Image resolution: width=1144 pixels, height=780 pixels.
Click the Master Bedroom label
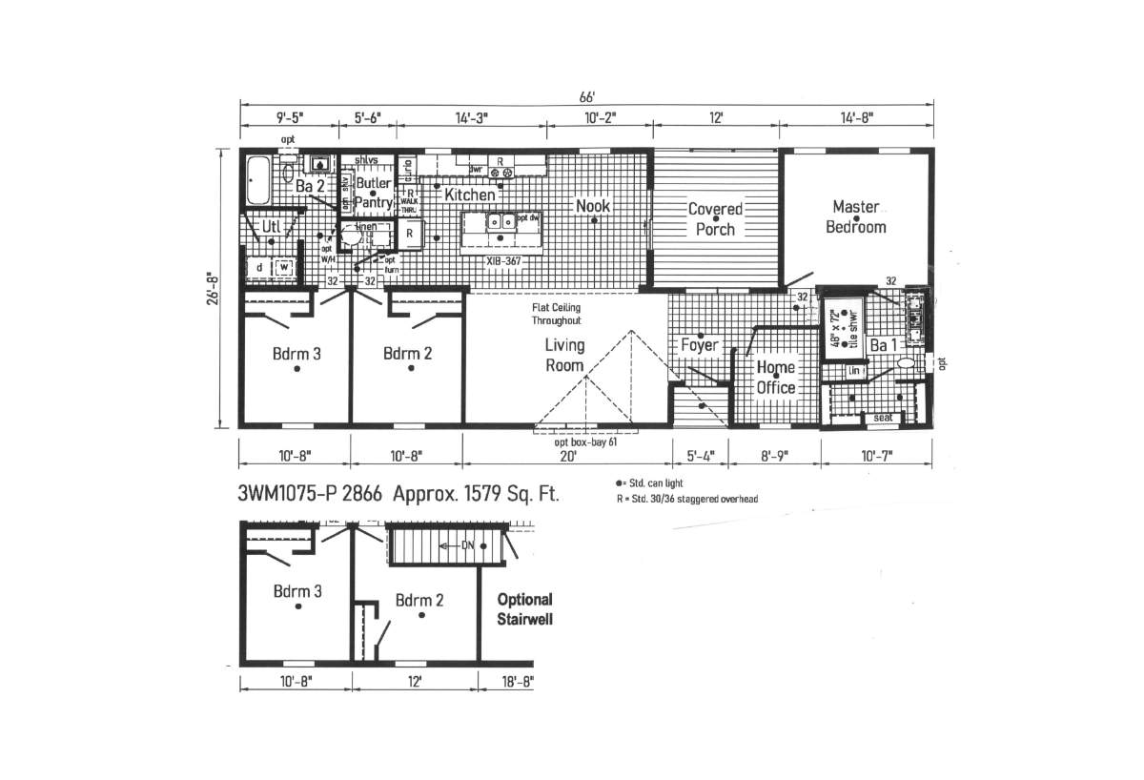coord(855,216)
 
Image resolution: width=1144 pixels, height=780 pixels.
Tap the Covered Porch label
coord(715,218)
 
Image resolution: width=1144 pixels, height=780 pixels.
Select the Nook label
coord(592,205)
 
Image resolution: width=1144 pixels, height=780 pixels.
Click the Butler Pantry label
coord(373,194)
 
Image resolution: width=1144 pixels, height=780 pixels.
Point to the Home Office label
coord(775,378)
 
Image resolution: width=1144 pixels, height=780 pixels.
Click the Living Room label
coord(564,355)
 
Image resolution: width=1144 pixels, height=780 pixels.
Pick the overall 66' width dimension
coord(586,97)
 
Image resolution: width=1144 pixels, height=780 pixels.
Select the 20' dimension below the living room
coord(567,455)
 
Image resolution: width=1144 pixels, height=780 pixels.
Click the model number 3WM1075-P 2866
coord(310,494)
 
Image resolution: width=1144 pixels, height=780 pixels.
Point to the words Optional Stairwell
coord(524,609)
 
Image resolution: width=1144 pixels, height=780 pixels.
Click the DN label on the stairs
coord(467,544)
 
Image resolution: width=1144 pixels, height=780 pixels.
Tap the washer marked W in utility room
coord(283,269)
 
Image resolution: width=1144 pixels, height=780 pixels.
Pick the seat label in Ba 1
coord(883,418)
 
